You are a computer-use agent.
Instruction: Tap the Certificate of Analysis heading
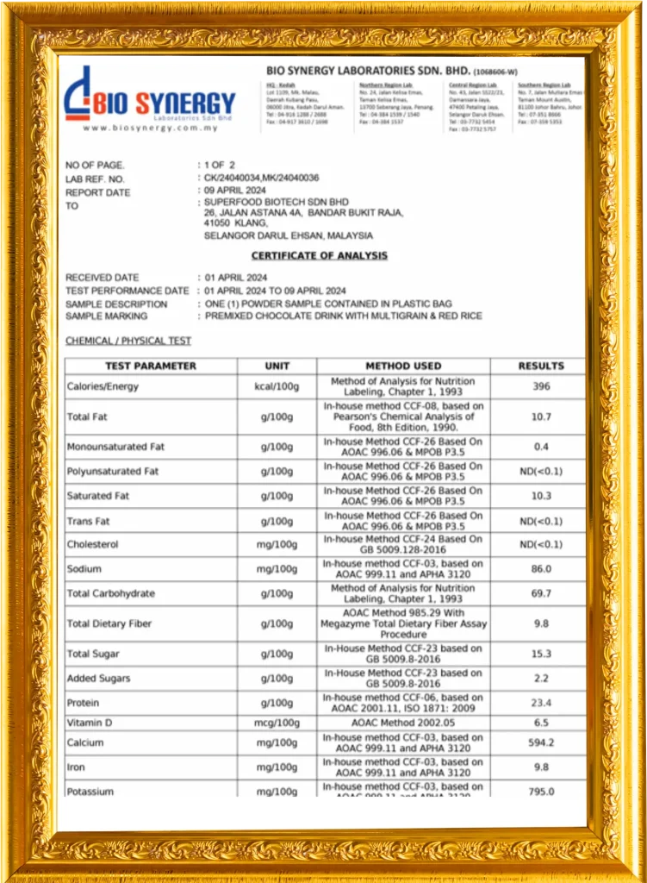coord(319,255)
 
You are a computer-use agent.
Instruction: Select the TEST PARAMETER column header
coord(151,366)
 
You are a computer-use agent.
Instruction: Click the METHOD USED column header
coord(403,366)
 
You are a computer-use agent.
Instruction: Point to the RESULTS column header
coord(541,366)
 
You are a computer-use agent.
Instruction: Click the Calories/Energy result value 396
coord(541,386)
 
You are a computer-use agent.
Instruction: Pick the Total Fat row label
coord(88,416)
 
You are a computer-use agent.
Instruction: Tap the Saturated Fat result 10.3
coord(541,496)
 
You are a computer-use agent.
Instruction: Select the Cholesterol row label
coord(93,545)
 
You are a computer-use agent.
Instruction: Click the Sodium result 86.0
coord(541,569)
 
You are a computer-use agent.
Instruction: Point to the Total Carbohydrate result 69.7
coord(541,593)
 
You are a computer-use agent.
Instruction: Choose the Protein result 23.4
coord(541,703)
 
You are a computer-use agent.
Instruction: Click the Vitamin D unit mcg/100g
coord(277,723)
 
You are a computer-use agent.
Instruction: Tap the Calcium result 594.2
coord(541,742)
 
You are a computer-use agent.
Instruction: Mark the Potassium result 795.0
coord(541,792)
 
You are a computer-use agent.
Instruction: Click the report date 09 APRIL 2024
coord(235,191)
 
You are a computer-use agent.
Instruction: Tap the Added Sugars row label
coord(99,679)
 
